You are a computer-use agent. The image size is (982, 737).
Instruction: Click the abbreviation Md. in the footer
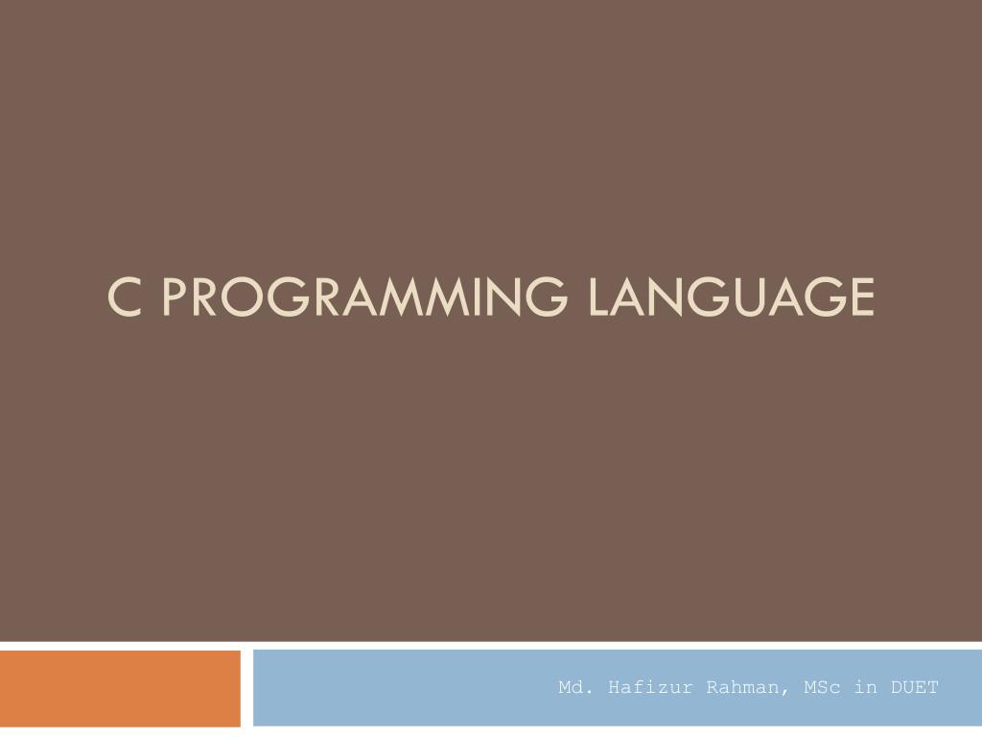coord(573,687)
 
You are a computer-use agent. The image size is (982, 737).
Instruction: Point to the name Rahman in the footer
coord(739,687)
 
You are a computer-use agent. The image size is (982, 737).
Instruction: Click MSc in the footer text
coord(818,687)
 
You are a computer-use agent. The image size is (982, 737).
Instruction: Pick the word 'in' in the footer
coord(866,687)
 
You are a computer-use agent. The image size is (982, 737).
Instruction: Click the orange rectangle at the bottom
coord(120,688)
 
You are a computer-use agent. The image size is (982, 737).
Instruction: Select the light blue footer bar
coord(403,688)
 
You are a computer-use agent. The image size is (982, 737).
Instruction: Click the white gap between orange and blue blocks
coord(246,688)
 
